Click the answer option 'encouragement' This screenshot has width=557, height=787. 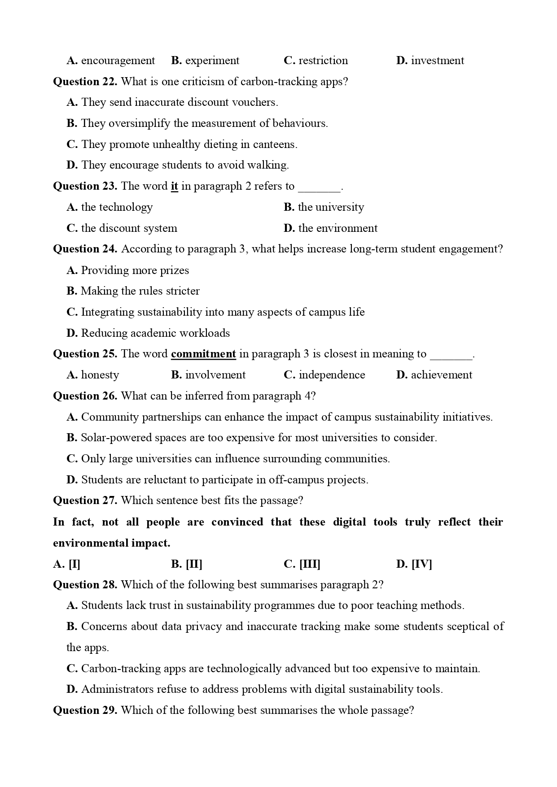click(118, 61)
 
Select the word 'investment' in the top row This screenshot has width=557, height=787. click(437, 61)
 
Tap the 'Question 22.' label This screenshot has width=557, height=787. click(85, 82)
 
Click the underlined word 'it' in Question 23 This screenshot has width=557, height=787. click(175, 186)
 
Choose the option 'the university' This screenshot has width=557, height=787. click(331, 207)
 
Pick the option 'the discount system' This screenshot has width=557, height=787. click(129, 228)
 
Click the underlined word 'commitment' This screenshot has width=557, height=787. click(203, 354)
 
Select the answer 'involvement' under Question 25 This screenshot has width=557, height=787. click(215, 375)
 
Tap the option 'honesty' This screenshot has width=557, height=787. click(100, 375)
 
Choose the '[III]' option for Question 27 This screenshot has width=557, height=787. click(309, 564)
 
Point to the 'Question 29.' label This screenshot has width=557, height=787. click(85, 710)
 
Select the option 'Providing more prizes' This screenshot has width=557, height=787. click(135, 270)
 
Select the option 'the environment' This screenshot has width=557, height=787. click(338, 228)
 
